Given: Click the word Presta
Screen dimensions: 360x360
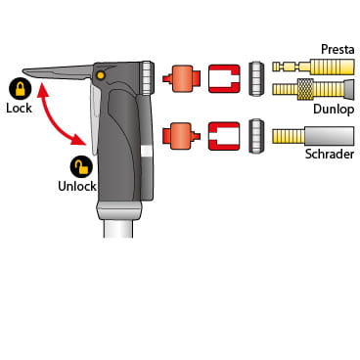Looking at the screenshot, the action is [337, 49].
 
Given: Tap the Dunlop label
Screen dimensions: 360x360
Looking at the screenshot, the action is [334, 110].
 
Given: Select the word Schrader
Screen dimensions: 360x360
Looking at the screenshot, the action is [330, 154].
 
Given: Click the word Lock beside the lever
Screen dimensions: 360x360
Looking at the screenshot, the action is [19, 108].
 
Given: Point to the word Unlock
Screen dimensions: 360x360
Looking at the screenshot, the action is [77, 186].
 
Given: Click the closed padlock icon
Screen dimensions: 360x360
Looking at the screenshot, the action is [21, 89].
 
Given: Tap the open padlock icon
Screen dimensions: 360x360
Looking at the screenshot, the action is [81, 166].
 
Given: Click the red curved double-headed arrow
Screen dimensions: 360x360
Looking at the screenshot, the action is [56, 119].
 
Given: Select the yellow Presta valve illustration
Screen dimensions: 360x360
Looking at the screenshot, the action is [313, 67].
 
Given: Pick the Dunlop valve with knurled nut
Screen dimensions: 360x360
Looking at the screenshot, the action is [313, 89].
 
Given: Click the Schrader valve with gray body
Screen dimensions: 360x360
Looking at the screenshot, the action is [313, 136].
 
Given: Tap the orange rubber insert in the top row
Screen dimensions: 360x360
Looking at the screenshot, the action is [181, 78].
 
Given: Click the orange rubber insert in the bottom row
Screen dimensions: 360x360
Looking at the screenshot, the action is [181, 136].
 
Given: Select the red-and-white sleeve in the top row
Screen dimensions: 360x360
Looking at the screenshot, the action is [224, 78].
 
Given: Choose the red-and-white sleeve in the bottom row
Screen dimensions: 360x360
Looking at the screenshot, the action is [224, 136].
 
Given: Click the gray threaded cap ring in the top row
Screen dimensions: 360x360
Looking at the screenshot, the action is [256, 78].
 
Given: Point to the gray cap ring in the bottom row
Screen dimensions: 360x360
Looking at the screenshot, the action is [256, 136].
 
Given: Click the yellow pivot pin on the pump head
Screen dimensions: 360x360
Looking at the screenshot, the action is [101, 75].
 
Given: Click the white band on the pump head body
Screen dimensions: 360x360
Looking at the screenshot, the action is [146, 151].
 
